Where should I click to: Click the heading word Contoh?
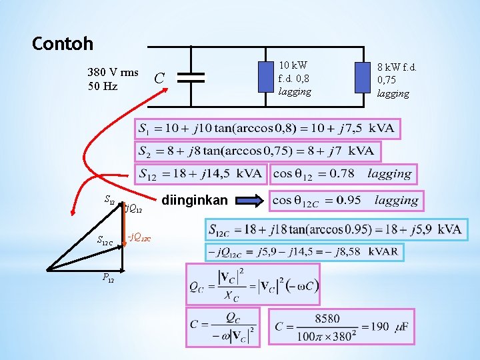(63, 45)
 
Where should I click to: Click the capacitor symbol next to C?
(191, 77)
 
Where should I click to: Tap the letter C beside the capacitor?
(159, 78)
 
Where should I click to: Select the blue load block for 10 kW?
(267, 77)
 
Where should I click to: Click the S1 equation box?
(267, 128)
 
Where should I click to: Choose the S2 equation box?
(257, 151)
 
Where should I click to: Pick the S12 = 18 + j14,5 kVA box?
(201, 174)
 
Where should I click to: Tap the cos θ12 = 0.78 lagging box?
(342, 174)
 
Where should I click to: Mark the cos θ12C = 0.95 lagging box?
(345, 200)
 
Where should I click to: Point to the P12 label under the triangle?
(108, 277)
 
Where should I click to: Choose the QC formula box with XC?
(253, 285)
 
